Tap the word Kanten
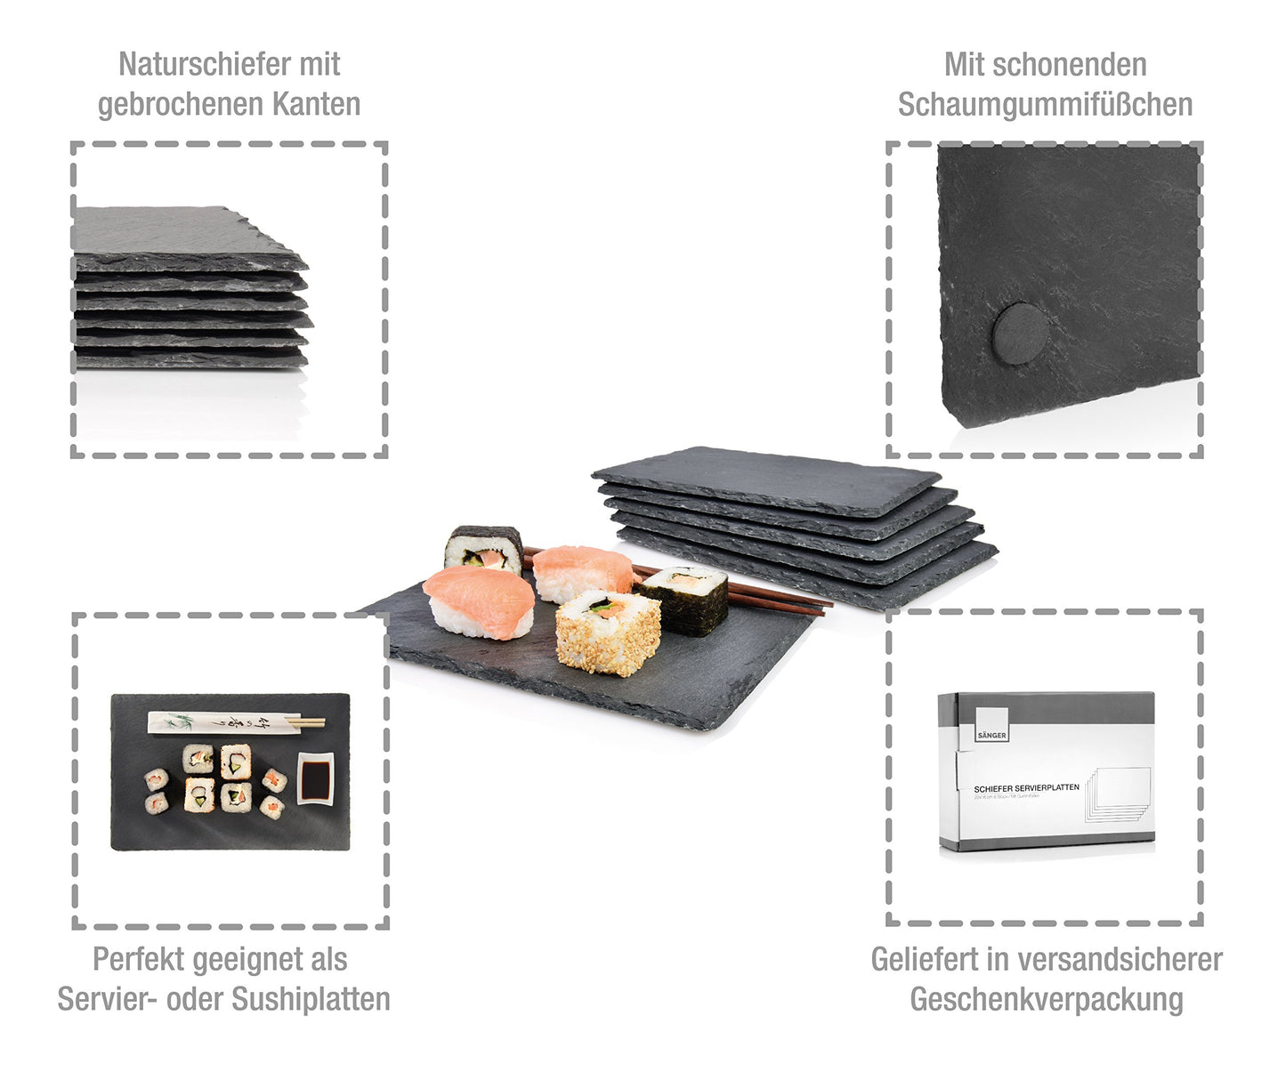[x=316, y=104]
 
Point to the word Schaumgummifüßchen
[x=1045, y=104]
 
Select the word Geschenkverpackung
[x=1046, y=999]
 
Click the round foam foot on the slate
[x=1020, y=332]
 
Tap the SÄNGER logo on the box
[x=991, y=724]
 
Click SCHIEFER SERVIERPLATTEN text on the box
[x=1026, y=788]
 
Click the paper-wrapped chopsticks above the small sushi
[x=235, y=721]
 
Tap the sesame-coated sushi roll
[x=608, y=633]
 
